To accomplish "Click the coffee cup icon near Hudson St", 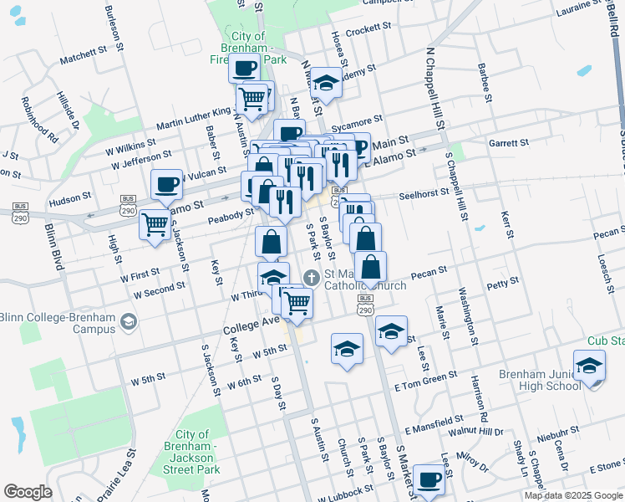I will (166, 183).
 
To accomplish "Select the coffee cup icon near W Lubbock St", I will (429, 479).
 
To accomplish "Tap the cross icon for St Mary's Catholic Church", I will (312, 277).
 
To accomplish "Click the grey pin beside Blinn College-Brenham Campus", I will (128, 320).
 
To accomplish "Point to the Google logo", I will (28, 491).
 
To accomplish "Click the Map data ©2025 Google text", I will (573, 495).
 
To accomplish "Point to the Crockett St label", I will (368, 28).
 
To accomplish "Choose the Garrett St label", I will (511, 142).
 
